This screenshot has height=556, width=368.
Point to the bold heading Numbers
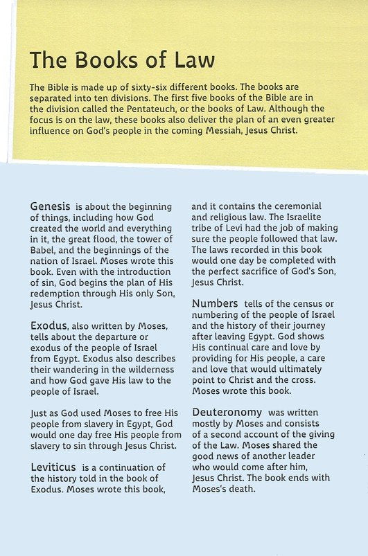point(215,303)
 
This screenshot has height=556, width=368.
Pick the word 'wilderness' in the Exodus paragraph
point(140,370)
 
